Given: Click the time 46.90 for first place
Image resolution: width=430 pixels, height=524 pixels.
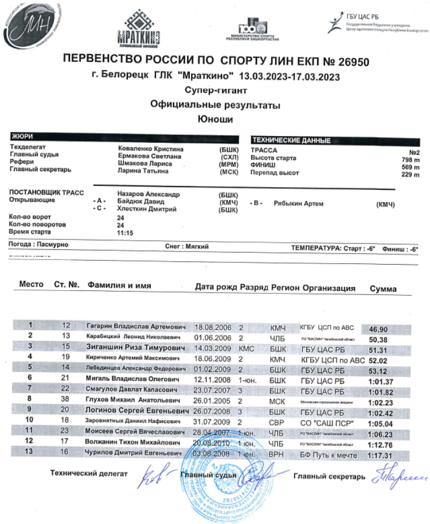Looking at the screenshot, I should click(379, 329).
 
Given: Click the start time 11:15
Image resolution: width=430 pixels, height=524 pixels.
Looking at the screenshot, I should click(125, 233).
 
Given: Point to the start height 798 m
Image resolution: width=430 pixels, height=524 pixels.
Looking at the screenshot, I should click(411, 159).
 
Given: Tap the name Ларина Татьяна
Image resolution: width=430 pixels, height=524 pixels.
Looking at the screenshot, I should click(144, 171).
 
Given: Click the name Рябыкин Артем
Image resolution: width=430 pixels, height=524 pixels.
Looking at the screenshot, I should click(299, 204).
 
